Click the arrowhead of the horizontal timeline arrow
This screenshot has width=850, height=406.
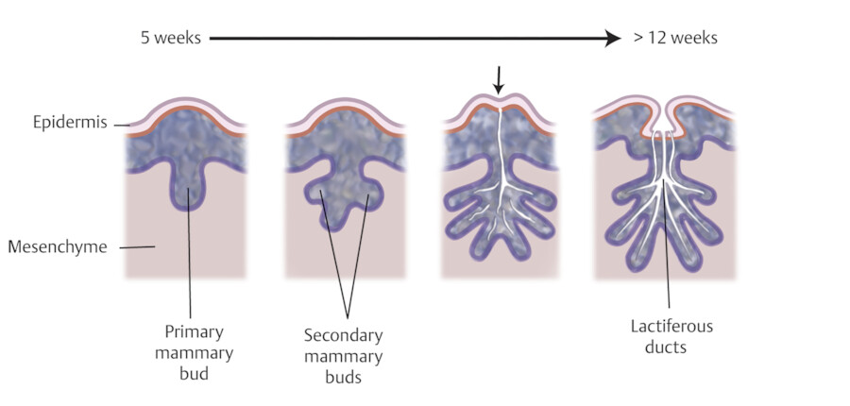[615, 39]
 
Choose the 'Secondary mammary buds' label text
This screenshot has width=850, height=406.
[344, 355]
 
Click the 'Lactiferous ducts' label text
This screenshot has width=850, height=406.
[671, 337]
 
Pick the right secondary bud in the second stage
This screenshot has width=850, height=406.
[368, 197]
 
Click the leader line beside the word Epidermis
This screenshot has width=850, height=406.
[121, 124]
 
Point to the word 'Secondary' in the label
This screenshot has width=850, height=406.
[344, 336]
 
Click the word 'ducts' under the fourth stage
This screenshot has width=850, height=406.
[671, 347]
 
